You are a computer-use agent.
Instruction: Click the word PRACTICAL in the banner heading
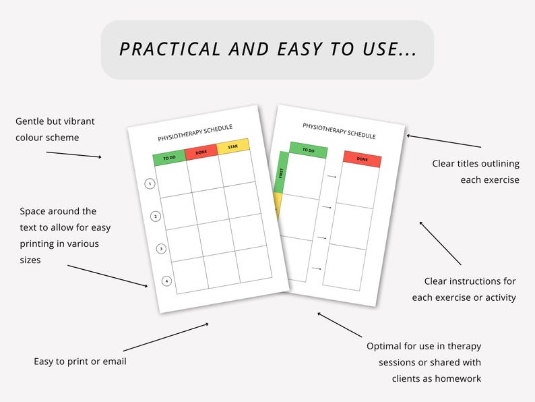click(x=169, y=49)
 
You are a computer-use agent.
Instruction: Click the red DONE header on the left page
click(x=201, y=152)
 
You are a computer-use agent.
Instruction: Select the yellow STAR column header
click(x=233, y=145)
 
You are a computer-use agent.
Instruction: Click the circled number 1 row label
click(x=150, y=183)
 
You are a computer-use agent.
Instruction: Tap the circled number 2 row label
click(x=156, y=217)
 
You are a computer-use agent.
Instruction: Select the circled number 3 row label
click(x=161, y=249)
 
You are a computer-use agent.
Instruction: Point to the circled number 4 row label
click(x=166, y=281)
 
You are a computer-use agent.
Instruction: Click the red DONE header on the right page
click(x=362, y=159)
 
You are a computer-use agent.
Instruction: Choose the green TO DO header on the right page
click(x=308, y=150)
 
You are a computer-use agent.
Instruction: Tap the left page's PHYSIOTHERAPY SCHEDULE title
click(x=194, y=132)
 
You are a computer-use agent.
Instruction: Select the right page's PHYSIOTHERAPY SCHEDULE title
click(x=339, y=130)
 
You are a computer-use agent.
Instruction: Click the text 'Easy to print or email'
click(x=80, y=362)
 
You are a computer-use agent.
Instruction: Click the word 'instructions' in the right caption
click(x=474, y=281)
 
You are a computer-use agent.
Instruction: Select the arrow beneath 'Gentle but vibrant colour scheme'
click(x=73, y=154)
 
